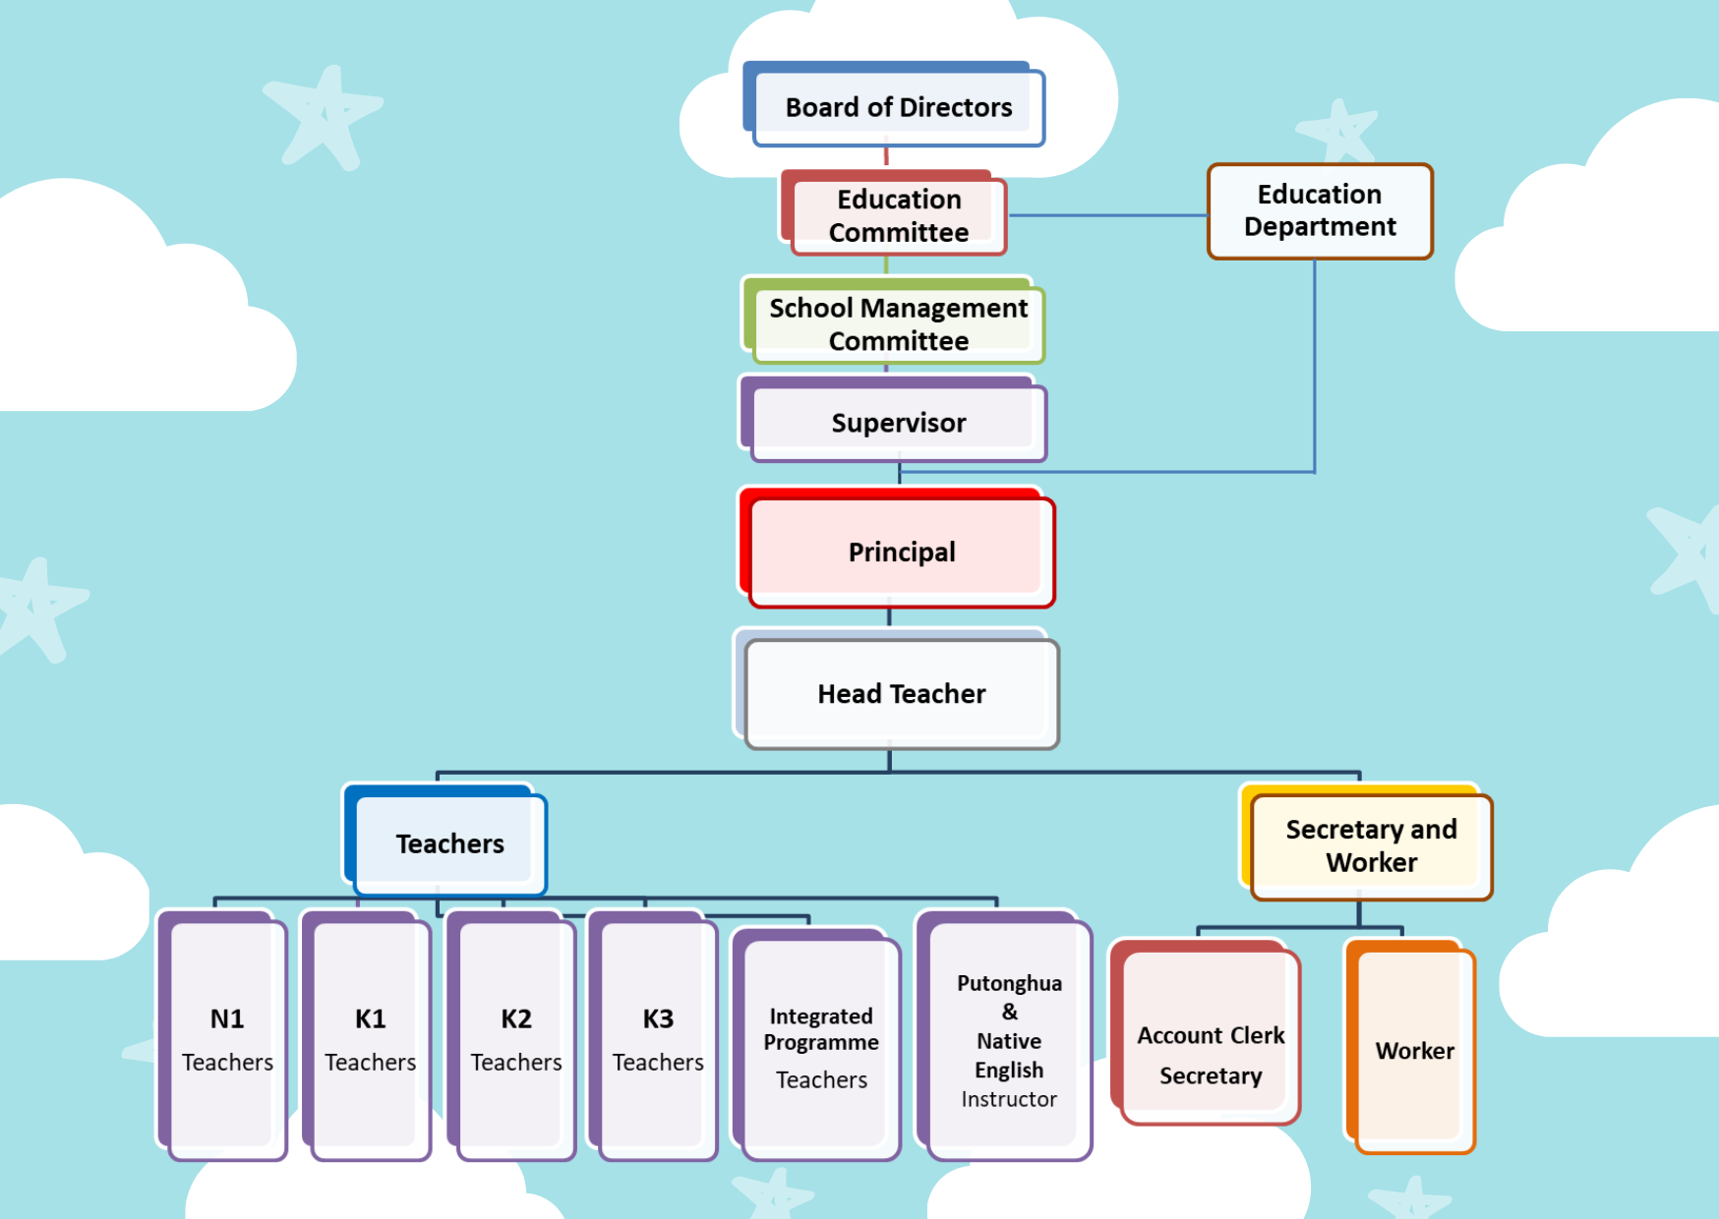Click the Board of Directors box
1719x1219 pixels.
pyautogui.click(x=898, y=107)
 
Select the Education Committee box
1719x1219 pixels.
pyautogui.click(x=898, y=215)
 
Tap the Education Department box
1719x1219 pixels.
pyautogui.click(x=1320, y=211)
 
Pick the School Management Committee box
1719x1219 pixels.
pyautogui.click(x=898, y=323)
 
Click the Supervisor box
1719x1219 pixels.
pyautogui.click(x=898, y=423)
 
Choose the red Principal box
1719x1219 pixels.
pyautogui.click(x=901, y=551)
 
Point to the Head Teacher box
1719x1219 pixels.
pyautogui.click(x=901, y=693)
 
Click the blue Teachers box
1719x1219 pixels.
pyautogui.click(x=449, y=843)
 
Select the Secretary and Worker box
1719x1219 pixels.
pyautogui.click(x=1371, y=845)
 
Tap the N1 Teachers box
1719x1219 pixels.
pyautogui.click(x=227, y=1039)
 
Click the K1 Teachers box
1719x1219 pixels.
pyautogui.click(x=371, y=1039)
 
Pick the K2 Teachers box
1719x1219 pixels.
pyautogui.click(x=516, y=1039)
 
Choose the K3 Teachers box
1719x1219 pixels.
pyautogui.click(x=658, y=1039)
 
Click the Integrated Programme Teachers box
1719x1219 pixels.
pyautogui.click(x=821, y=1047)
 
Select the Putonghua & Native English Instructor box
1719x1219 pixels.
pyautogui.click(x=1009, y=1040)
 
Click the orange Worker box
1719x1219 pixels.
pyautogui.click(x=1414, y=1050)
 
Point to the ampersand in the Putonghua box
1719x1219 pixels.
pyautogui.click(x=1010, y=1012)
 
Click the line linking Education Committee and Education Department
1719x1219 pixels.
pyautogui.click(x=1106, y=215)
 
